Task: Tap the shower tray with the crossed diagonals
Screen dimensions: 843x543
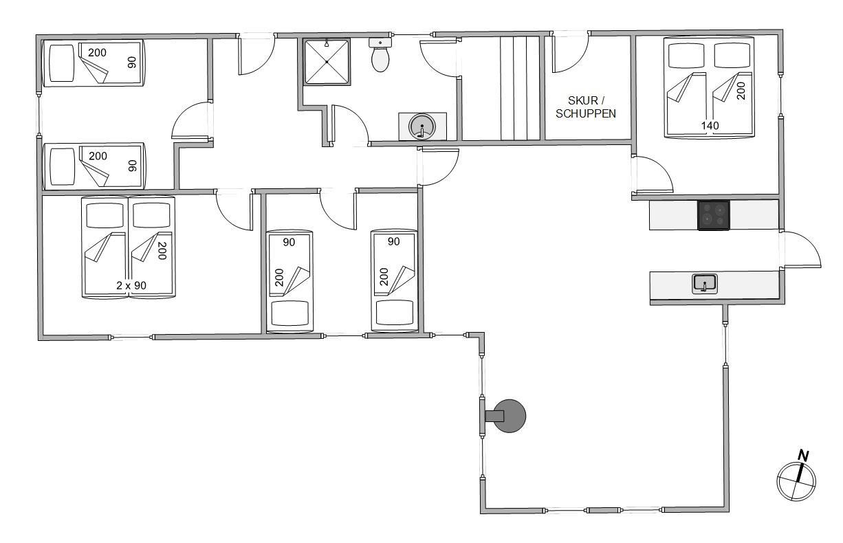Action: pos(327,62)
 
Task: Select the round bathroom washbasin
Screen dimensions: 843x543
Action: pos(422,126)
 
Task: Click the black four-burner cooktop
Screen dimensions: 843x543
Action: pos(714,215)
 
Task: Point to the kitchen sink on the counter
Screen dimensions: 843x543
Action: pos(705,284)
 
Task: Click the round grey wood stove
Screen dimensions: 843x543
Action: pos(509,416)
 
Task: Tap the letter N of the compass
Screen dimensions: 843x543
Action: pos(803,456)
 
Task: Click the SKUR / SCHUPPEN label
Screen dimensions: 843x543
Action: pos(586,107)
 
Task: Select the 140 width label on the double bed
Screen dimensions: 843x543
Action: pos(710,125)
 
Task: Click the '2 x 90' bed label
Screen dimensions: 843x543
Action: pos(131,286)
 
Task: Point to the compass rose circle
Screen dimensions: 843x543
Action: pos(796,482)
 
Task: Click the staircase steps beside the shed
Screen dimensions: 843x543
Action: pos(520,88)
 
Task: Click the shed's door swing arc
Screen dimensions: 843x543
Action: pos(571,53)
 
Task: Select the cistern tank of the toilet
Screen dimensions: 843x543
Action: pos(380,42)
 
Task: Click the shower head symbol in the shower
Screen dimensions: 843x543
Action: pos(327,43)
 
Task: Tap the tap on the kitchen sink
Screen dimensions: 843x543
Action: pos(705,286)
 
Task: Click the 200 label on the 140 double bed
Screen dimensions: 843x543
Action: pos(741,91)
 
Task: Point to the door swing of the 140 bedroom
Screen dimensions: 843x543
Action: pos(653,175)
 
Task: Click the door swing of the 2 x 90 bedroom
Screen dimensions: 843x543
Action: pos(234,210)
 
